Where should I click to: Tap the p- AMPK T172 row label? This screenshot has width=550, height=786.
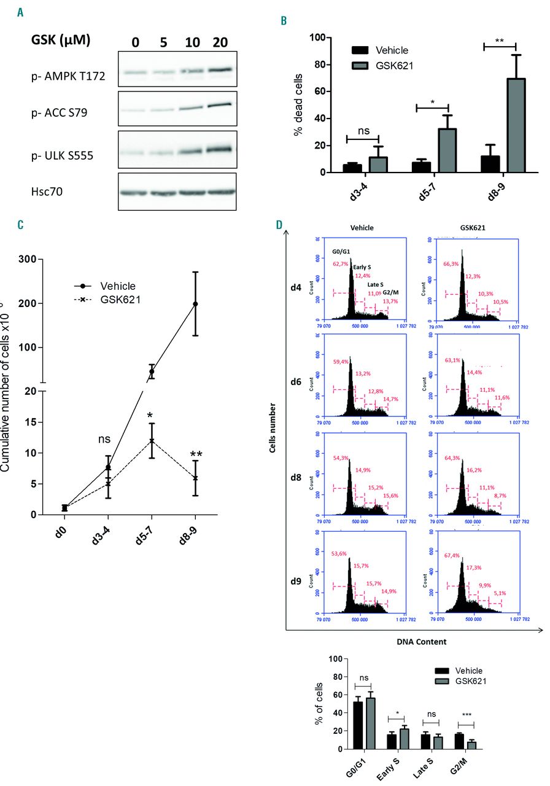pos(68,76)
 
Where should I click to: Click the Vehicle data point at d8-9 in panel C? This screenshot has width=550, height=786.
pos(195,304)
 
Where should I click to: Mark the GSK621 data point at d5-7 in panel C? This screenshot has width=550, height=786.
pos(151,440)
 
